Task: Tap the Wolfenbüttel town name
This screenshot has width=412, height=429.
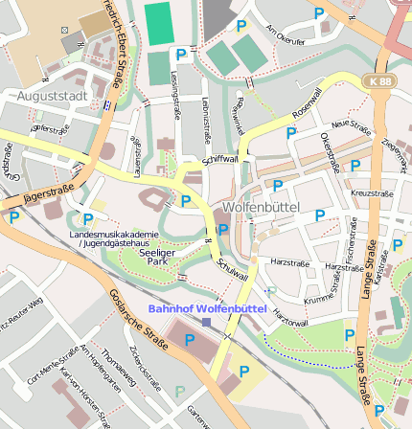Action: point(261,207)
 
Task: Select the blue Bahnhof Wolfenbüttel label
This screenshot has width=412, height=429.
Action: point(207,308)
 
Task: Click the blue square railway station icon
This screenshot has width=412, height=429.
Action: point(206,323)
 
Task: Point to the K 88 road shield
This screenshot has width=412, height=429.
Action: point(379,83)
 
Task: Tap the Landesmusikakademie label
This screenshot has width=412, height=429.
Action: point(113,235)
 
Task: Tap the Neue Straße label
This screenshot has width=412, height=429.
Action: point(351,124)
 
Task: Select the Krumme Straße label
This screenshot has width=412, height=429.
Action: point(318,300)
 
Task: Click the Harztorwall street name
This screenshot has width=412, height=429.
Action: point(289,314)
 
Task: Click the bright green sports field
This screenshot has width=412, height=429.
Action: point(156,23)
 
